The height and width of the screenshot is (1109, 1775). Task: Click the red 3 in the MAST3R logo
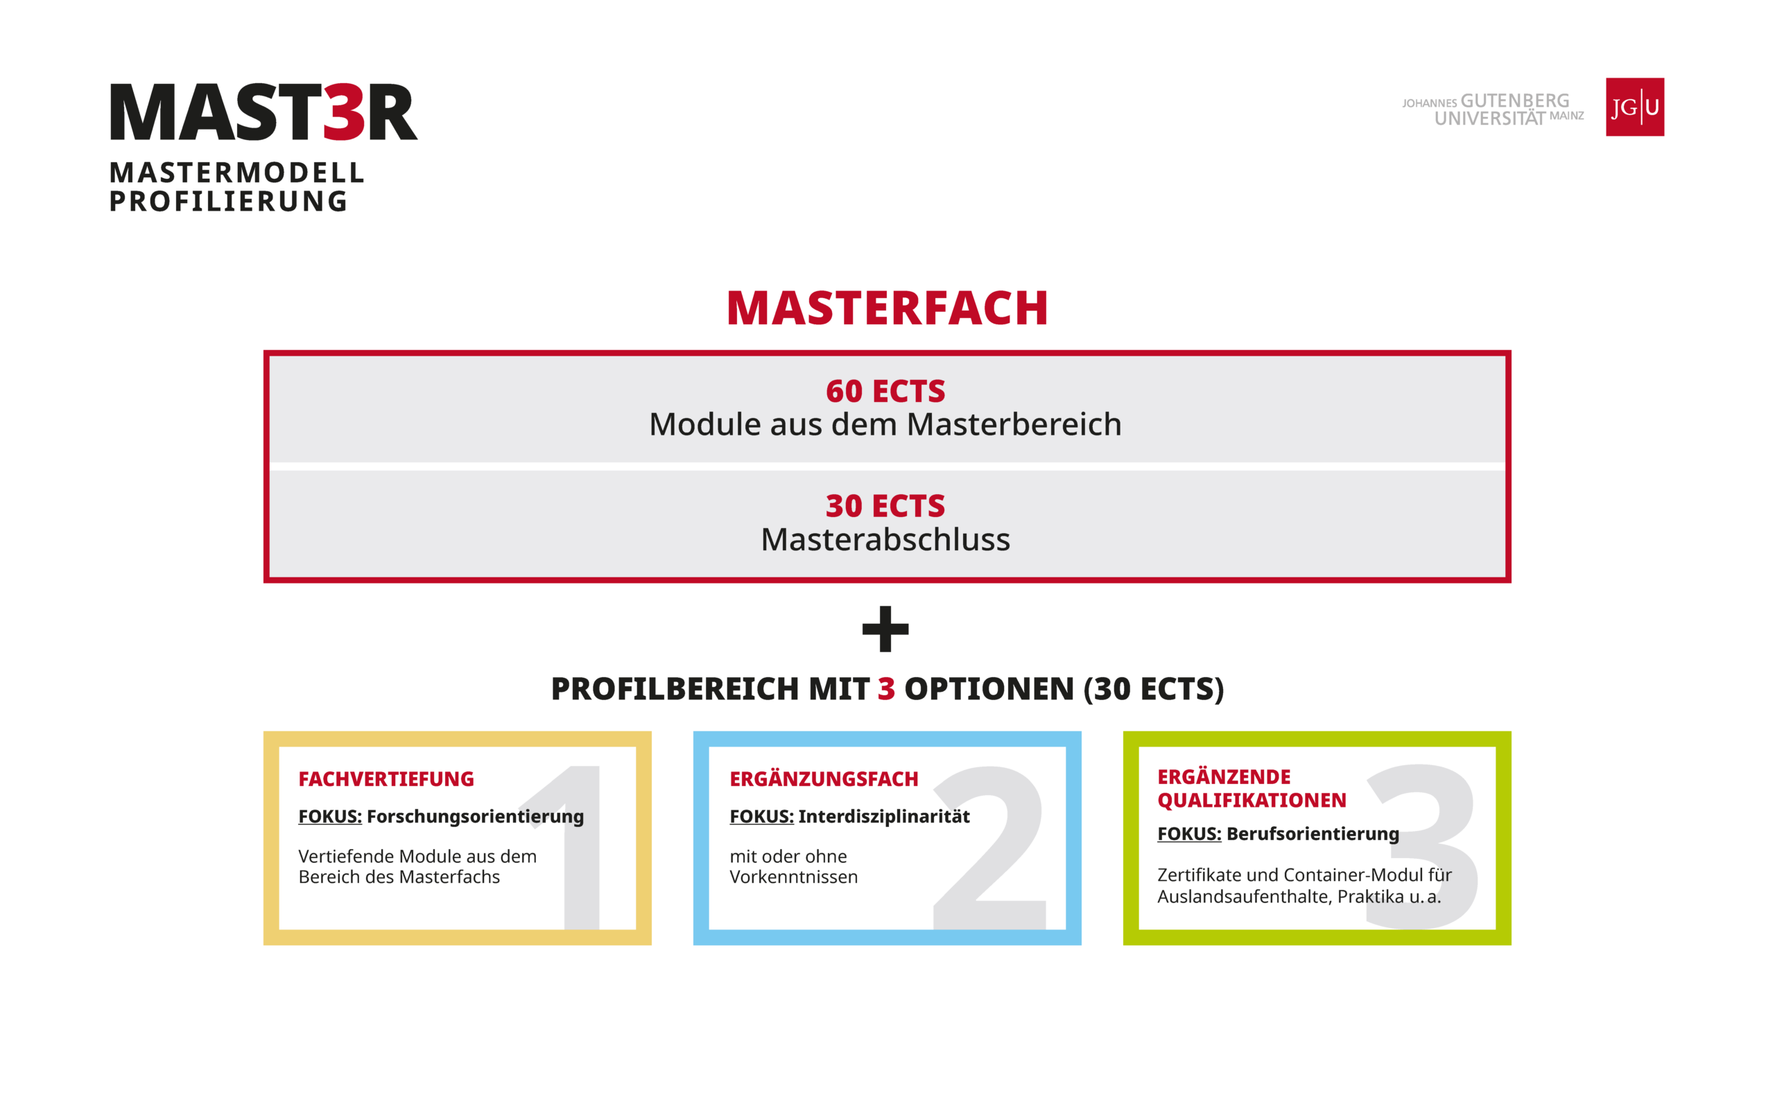tap(344, 112)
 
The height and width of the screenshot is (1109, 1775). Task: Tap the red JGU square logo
tap(1635, 107)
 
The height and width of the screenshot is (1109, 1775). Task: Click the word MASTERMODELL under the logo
tap(237, 173)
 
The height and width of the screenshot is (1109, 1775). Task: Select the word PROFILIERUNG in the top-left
tap(228, 202)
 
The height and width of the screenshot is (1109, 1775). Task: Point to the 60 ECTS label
tap(886, 391)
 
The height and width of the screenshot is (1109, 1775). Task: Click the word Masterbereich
tap(1014, 425)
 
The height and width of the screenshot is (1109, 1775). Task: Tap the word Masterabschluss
tap(886, 540)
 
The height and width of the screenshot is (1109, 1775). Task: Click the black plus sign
tap(885, 629)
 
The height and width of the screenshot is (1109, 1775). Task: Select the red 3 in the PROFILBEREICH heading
tap(886, 689)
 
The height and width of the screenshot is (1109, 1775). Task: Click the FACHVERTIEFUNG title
tap(386, 779)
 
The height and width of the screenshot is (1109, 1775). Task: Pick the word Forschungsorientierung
tap(475, 817)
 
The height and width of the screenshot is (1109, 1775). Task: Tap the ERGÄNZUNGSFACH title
tap(824, 779)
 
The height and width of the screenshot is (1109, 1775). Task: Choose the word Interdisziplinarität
tap(884, 817)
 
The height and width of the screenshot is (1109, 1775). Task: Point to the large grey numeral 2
tap(989, 847)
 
